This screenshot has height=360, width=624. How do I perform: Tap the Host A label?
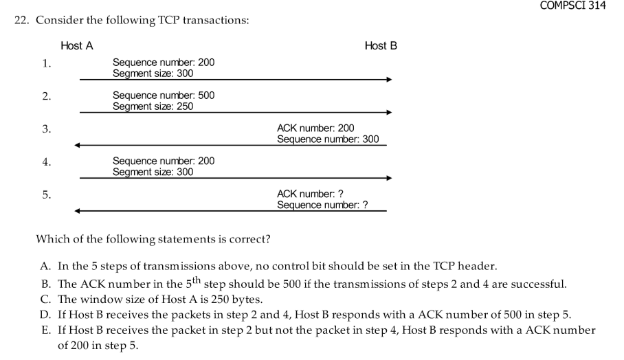[76, 46]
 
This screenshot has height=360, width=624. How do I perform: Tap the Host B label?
[381, 46]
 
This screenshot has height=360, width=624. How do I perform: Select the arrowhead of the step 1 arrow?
[388, 80]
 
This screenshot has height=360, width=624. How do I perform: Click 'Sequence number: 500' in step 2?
[163, 95]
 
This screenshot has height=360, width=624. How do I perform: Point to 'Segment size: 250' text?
[153, 106]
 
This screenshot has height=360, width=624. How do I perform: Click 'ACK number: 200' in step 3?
[315, 128]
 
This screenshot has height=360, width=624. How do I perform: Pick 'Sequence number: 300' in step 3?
[328, 139]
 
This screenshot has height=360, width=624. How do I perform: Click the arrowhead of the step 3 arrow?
[78, 145]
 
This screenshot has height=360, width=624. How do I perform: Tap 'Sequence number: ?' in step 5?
[322, 205]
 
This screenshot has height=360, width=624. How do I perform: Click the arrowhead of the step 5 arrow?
[78, 211]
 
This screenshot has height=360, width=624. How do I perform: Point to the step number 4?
[46, 163]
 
